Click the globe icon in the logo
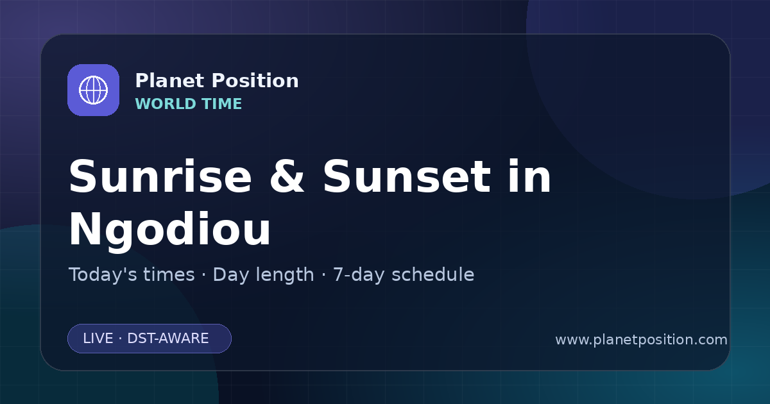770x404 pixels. (x=93, y=90)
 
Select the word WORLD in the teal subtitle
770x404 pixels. (x=165, y=104)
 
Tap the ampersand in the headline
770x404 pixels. (x=287, y=177)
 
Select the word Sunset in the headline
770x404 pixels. (x=407, y=177)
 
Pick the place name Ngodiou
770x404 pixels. (x=170, y=230)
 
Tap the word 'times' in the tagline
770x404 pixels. (x=169, y=275)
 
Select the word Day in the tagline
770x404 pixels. (x=229, y=275)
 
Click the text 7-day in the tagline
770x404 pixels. (x=358, y=275)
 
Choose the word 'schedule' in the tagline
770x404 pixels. (x=432, y=275)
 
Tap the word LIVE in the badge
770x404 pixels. (x=98, y=339)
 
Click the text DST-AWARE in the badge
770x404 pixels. (x=168, y=339)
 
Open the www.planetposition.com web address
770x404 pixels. (x=641, y=340)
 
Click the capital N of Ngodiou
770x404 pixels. (x=85, y=228)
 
